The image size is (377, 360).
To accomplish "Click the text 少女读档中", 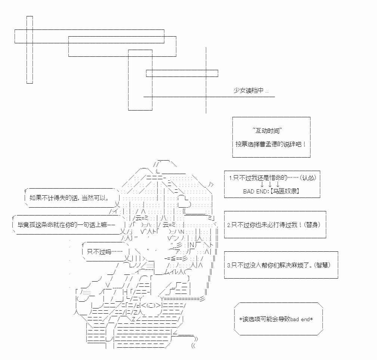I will pos(248,91).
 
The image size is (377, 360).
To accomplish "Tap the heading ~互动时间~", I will pos(267,130).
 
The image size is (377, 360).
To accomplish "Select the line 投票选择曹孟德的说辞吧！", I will pos(271,144).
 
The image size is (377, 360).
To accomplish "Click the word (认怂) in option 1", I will pos(310,178).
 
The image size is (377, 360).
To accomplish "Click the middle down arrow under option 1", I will pos(270,184).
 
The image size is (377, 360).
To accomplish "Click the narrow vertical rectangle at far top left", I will pos(30,50).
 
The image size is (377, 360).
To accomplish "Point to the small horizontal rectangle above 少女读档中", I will pos(182,73).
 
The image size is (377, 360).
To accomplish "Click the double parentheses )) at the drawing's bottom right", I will pos(195,339).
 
